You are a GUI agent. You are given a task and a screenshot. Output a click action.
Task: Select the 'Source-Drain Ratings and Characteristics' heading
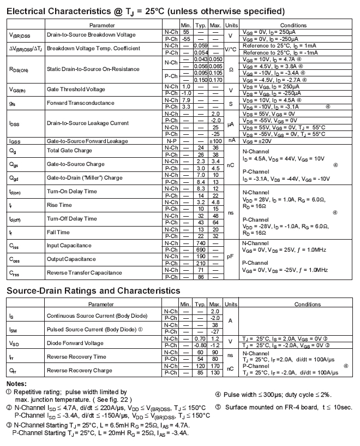(93, 290)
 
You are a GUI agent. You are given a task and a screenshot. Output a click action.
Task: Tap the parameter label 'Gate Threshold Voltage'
(76, 90)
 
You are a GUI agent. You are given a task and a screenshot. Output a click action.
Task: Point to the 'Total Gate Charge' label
(69, 151)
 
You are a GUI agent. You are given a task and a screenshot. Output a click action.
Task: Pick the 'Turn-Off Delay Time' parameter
(71, 219)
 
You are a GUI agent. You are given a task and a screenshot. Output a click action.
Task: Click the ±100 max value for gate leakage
(215, 141)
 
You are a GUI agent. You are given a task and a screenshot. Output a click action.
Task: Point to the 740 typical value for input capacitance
(201, 243)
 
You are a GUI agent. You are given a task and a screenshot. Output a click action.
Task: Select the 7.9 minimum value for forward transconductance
(186, 100)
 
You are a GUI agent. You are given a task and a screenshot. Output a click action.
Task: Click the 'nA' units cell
(231, 140)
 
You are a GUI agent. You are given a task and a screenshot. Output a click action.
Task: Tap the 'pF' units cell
(231, 256)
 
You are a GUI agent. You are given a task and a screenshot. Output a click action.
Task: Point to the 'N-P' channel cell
(171, 141)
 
